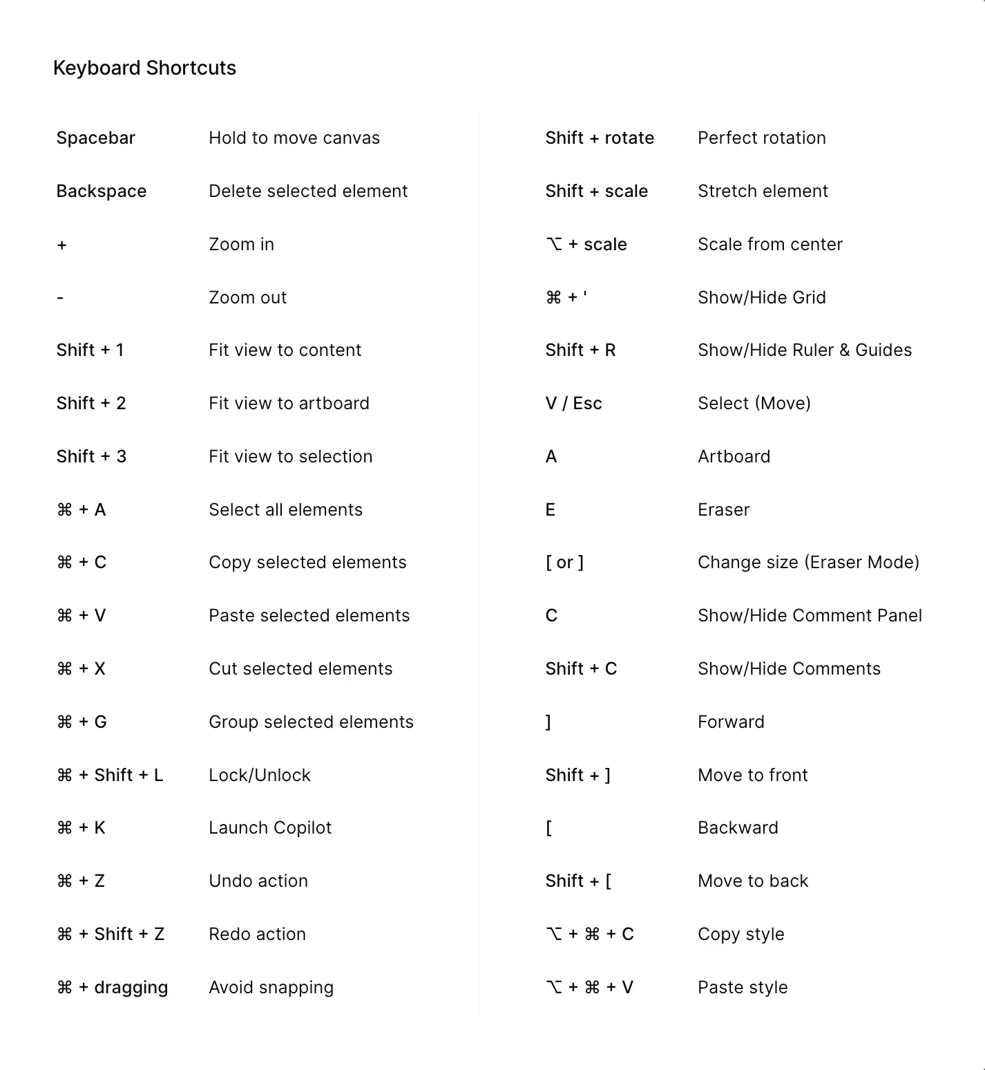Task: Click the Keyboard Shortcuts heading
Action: [144, 68]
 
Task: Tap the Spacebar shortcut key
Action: [95, 138]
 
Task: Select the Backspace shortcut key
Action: [102, 191]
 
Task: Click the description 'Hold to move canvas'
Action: [294, 138]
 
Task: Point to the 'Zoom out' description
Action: [247, 297]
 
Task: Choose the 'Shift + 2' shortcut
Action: [91, 403]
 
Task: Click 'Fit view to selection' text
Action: [290, 456]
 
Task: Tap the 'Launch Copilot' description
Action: [270, 827]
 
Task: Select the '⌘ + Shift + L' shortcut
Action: [110, 775]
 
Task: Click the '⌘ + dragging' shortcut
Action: [112, 987]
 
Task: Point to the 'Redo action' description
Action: [257, 934]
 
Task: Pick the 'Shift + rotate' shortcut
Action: [600, 138]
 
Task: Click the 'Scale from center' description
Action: [770, 244]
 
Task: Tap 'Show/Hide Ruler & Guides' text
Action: [805, 350]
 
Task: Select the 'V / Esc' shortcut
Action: [573, 403]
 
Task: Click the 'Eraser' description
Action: [723, 509]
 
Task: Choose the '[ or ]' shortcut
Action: [564, 562]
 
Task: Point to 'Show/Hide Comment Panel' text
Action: [810, 615]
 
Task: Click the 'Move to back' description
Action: [753, 881]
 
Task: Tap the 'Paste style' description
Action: [743, 987]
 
